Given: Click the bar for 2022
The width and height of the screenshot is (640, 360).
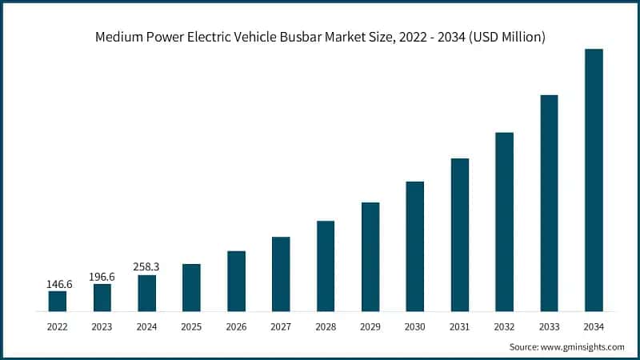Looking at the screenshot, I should pos(58,301).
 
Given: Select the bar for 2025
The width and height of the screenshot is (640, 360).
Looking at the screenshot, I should pos(191,287).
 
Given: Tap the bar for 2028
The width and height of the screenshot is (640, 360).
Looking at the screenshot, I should pos(326,266).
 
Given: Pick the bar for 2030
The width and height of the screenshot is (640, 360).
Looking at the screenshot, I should pos(414,246).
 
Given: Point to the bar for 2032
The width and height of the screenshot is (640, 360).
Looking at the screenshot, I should pos(504,222).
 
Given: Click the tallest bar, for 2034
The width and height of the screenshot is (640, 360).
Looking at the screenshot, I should pos(594,180).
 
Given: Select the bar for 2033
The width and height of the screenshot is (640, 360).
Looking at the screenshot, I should pos(549,202).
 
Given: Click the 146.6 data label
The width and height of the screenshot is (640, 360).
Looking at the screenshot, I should pos(58,282).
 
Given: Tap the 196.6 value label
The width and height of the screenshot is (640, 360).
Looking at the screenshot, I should pos(102,275).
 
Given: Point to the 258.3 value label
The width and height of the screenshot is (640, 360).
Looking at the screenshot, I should pos(146,266).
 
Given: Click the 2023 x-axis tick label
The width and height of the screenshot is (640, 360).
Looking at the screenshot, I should pos(102,326).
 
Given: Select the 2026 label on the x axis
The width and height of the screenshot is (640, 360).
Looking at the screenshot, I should pos(236,326).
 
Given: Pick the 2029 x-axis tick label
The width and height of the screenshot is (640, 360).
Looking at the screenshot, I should pos(370,326).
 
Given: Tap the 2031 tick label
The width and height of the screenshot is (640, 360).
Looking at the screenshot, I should pos(459,326).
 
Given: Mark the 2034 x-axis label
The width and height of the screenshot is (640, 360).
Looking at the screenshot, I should pos(594,326).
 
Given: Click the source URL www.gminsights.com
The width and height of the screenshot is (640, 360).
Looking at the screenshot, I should pos(581,346).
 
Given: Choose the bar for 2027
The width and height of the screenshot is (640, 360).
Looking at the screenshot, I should pos(281,274).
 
